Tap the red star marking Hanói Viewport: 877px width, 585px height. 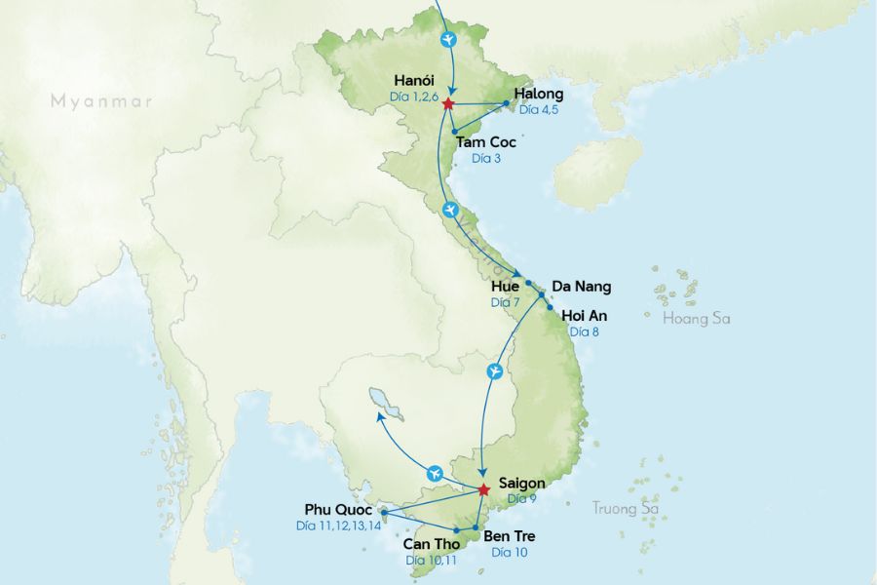448,103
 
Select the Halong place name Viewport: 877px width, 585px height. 538,94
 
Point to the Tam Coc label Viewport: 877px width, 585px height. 486,142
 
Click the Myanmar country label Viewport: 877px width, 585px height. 102,99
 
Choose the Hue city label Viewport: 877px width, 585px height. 507,287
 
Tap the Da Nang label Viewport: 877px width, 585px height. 582,287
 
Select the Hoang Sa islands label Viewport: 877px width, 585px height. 696,319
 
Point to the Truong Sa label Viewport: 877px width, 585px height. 626,508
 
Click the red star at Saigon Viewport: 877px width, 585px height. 483,489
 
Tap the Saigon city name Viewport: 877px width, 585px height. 521,483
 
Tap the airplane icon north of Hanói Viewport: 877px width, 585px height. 448,40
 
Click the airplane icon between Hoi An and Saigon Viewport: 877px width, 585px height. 496,371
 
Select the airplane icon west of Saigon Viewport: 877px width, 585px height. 434,474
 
